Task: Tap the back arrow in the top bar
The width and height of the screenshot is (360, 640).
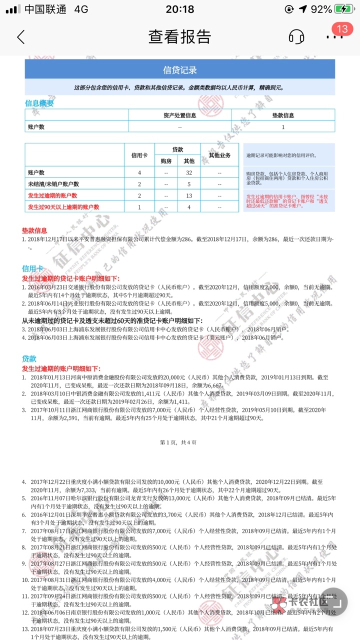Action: (x=20, y=36)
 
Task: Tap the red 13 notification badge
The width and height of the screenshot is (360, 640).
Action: (x=342, y=29)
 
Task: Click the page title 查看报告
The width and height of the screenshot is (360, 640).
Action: (x=179, y=36)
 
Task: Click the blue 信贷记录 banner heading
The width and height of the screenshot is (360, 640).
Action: (x=180, y=69)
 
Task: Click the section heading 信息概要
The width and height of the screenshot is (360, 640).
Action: (x=39, y=103)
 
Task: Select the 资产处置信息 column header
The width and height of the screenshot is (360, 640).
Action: (x=180, y=115)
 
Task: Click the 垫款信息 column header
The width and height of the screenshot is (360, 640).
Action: (x=283, y=115)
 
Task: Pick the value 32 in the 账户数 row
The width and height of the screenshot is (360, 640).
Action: (x=189, y=172)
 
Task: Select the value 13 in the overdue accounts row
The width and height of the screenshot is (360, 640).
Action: (x=189, y=195)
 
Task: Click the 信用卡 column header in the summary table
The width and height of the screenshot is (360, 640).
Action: (x=139, y=155)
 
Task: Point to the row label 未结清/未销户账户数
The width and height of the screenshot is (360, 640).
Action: (x=53, y=184)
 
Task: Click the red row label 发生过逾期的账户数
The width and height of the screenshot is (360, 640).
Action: (x=52, y=195)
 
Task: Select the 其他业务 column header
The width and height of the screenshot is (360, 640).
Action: (x=219, y=155)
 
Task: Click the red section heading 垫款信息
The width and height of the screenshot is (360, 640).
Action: (x=34, y=230)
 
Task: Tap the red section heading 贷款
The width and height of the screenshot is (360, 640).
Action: (x=29, y=358)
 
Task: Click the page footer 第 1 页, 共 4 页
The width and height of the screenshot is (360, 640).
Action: (x=178, y=442)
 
